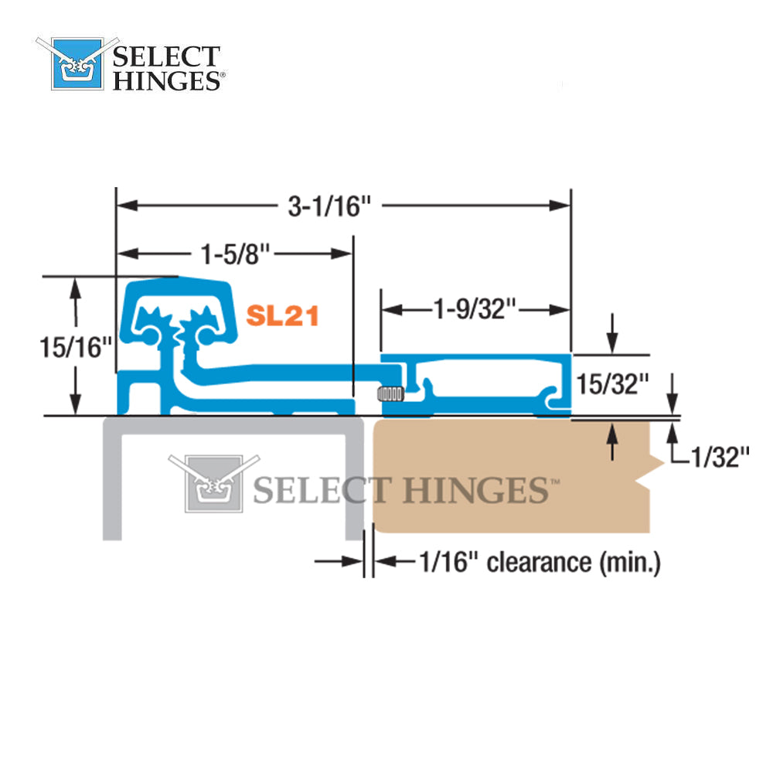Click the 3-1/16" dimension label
tap(330, 206)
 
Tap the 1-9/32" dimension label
tap(473, 309)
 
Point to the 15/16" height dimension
tap(71, 347)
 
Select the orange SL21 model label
tap(282, 315)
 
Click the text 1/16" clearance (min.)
tap(539, 562)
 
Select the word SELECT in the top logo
tap(166, 57)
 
